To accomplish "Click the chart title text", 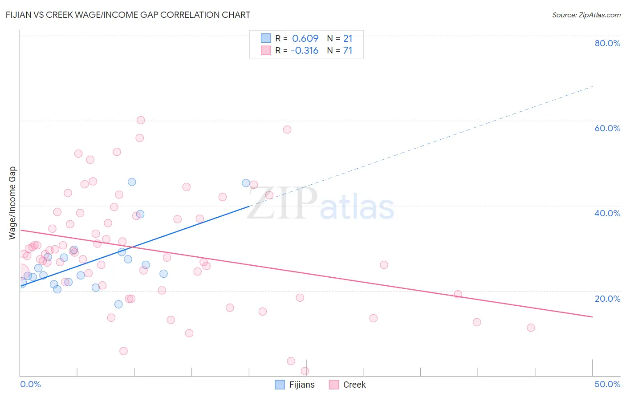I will [x=128, y=15].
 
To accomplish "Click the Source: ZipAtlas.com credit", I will [x=586, y=15].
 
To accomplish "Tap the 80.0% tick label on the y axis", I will [x=607, y=43].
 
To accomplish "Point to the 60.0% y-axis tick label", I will [x=607, y=128].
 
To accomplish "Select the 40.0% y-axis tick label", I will [x=607, y=213].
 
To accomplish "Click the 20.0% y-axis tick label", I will [x=607, y=299].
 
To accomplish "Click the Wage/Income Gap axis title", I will [x=12, y=203].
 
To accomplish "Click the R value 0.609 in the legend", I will [x=305, y=39].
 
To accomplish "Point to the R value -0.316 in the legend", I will [x=305, y=51].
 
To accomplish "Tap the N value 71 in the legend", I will [x=348, y=51].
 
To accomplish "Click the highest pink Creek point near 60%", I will [x=141, y=120].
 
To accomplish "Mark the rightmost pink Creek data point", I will [x=531, y=328].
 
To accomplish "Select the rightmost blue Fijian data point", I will [x=246, y=183].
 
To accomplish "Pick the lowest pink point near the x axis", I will [x=305, y=371].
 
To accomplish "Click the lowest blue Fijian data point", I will [x=118, y=304].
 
